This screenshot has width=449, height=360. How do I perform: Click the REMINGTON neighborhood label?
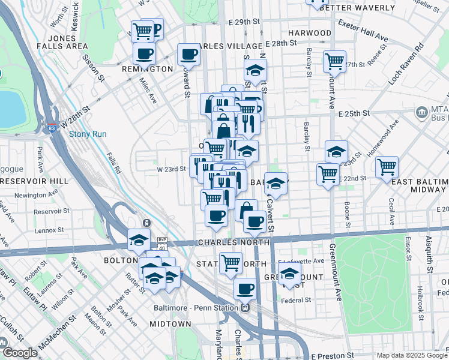click(x=148, y=69)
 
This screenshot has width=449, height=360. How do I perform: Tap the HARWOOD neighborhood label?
click(x=309, y=32)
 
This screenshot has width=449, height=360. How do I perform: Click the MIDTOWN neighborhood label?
click(x=170, y=323)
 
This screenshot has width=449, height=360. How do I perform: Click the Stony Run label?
click(x=88, y=134)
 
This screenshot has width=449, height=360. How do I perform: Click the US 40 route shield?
click(x=161, y=248)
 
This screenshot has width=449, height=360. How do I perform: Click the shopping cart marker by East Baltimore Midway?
click(x=387, y=166)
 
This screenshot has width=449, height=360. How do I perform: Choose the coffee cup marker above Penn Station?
click(x=244, y=289)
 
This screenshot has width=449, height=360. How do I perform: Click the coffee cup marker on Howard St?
click(x=188, y=54)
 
